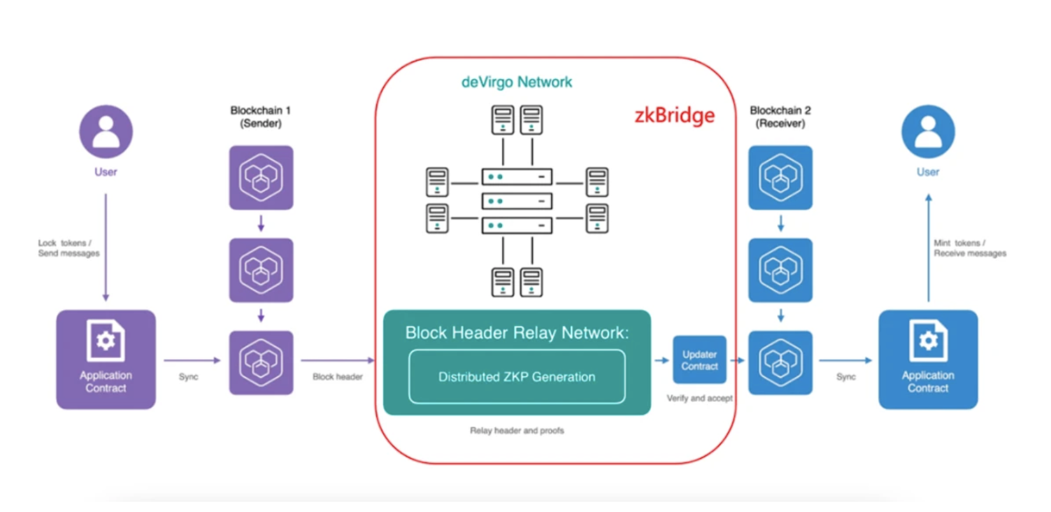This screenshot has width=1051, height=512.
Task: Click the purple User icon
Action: tap(106, 131)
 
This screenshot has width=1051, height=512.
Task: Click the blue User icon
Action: tap(928, 131)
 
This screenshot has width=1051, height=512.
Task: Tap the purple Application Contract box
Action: tap(106, 359)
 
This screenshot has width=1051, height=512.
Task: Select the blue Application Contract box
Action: tap(928, 359)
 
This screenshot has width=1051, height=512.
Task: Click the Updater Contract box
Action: tap(699, 360)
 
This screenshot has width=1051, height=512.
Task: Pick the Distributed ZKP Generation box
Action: tap(517, 376)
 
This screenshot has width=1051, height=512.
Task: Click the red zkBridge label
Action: tap(675, 115)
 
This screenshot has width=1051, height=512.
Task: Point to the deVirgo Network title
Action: tap(517, 82)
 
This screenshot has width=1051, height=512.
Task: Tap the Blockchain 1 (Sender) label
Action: tap(261, 117)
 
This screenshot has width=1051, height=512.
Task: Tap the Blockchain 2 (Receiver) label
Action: tap(780, 117)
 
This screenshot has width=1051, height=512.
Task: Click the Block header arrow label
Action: tap(338, 377)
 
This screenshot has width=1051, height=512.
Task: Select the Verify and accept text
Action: tap(699, 398)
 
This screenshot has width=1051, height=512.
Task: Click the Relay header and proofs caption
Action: tap(517, 430)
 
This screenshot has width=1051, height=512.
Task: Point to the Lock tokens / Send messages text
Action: tap(69, 248)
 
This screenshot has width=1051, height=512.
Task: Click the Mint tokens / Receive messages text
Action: tap(970, 248)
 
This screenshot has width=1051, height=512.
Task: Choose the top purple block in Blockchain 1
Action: tap(261, 178)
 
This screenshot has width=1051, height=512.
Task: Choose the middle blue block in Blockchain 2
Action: tap(780, 270)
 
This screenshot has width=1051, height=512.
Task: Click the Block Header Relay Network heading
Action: tap(517, 332)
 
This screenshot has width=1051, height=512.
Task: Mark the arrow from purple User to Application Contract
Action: tap(106, 247)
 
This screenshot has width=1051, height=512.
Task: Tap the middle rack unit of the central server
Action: tap(517, 201)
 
